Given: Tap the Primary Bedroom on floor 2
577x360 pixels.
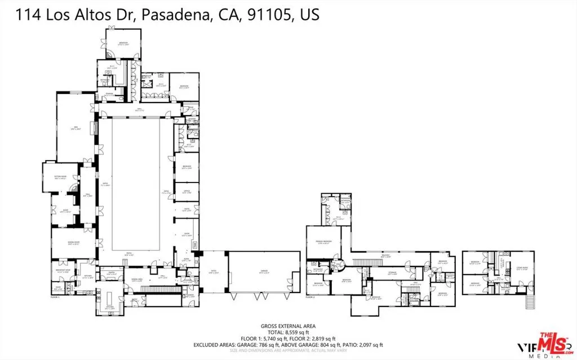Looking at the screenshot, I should pyautogui.click(x=323, y=243).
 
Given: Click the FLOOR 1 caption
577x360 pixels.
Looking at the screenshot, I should pyautogui.click(x=55, y=296).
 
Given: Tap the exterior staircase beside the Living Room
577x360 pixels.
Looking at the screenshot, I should pyautogui.click(x=529, y=303).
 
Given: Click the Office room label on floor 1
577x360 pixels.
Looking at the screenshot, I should pyautogui.click(x=186, y=193).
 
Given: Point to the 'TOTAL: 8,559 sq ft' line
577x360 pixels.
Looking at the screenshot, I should pyautogui.click(x=288, y=332).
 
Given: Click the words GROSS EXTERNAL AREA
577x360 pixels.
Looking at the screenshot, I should pyautogui.click(x=288, y=326).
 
